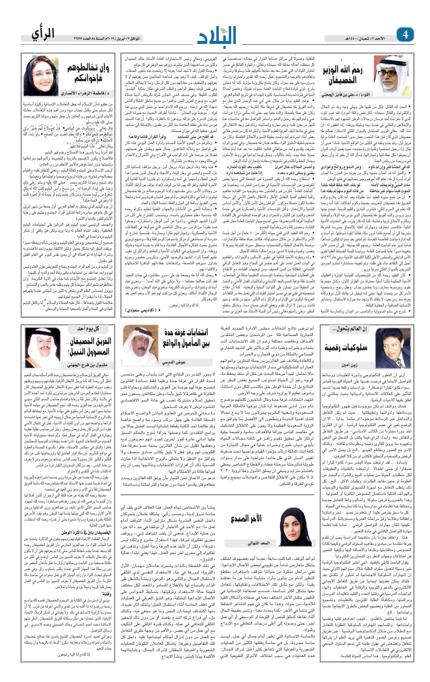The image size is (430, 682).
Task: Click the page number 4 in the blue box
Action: point(405,35)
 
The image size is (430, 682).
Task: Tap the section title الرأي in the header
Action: point(43,33)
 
